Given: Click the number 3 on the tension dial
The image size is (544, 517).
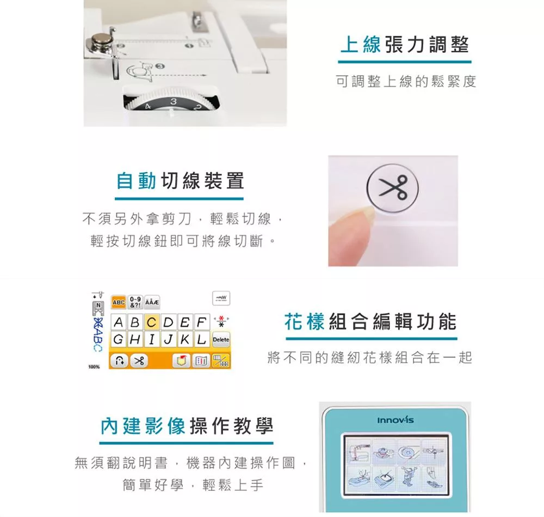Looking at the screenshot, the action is [174, 101].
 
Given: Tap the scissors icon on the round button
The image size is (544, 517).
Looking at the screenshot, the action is [393, 187].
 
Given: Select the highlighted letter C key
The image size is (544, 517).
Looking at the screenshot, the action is [151, 323].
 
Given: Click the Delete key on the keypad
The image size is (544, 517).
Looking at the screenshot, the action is [221, 339].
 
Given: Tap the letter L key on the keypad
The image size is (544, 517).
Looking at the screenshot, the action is [202, 339].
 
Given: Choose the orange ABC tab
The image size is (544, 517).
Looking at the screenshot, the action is [118, 302].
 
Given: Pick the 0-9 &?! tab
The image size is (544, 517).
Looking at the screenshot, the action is [135, 302].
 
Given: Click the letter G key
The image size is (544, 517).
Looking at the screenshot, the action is [118, 339].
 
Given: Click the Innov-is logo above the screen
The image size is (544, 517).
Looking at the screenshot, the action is [395, 421].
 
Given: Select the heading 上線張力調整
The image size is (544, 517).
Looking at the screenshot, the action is [405, 45].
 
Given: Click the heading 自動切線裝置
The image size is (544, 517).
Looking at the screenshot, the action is [180, 181].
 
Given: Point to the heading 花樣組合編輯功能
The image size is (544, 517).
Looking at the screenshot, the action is [370, 321].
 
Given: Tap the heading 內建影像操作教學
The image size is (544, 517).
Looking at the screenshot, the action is [187, 426].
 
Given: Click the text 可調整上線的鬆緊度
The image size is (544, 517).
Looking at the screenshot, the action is [406, 81].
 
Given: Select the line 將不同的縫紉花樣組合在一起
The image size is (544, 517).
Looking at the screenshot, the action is [370, 357].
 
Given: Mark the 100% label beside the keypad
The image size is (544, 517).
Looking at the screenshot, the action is [94, 367].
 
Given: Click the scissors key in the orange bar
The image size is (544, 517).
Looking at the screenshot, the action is [139, 361].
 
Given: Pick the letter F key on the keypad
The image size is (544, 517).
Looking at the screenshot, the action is [202, 323].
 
